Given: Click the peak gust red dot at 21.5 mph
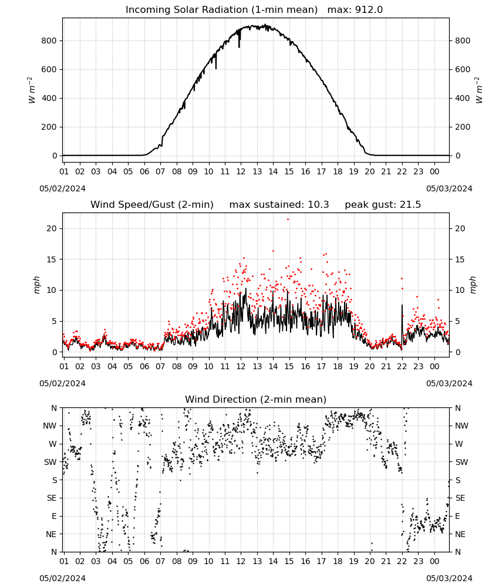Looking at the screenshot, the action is click(288, 220).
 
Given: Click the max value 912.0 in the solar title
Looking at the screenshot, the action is click(369, 10).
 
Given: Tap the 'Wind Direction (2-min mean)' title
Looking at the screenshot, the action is click(256, 399).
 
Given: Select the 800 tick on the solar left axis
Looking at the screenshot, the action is click(49, 41).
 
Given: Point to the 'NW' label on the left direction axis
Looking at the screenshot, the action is click(50, 426).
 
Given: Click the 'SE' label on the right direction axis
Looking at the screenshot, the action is click(460, 498).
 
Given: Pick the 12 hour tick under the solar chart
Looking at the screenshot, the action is click(241, 171).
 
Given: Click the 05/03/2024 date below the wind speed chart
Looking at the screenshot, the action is click(449, 383).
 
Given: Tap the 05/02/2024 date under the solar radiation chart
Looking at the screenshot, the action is click(62, 188).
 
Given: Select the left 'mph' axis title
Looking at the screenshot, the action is click(36, 285).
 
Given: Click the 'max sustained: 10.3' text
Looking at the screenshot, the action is click(279, 205).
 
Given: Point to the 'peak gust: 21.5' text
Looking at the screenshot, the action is click(383, 205).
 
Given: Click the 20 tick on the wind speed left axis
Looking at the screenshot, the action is click(52, 228).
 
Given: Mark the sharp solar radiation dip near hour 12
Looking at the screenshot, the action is click(239, 40).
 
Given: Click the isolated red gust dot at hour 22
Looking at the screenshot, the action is click(402, 278).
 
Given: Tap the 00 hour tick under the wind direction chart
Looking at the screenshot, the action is click(434, 561).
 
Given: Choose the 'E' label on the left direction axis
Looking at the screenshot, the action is click(54, 516).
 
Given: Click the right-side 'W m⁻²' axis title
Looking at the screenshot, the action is click(479, 90).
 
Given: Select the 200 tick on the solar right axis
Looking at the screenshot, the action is click(463, 127).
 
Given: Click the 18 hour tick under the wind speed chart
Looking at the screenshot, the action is click(338, 366).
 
